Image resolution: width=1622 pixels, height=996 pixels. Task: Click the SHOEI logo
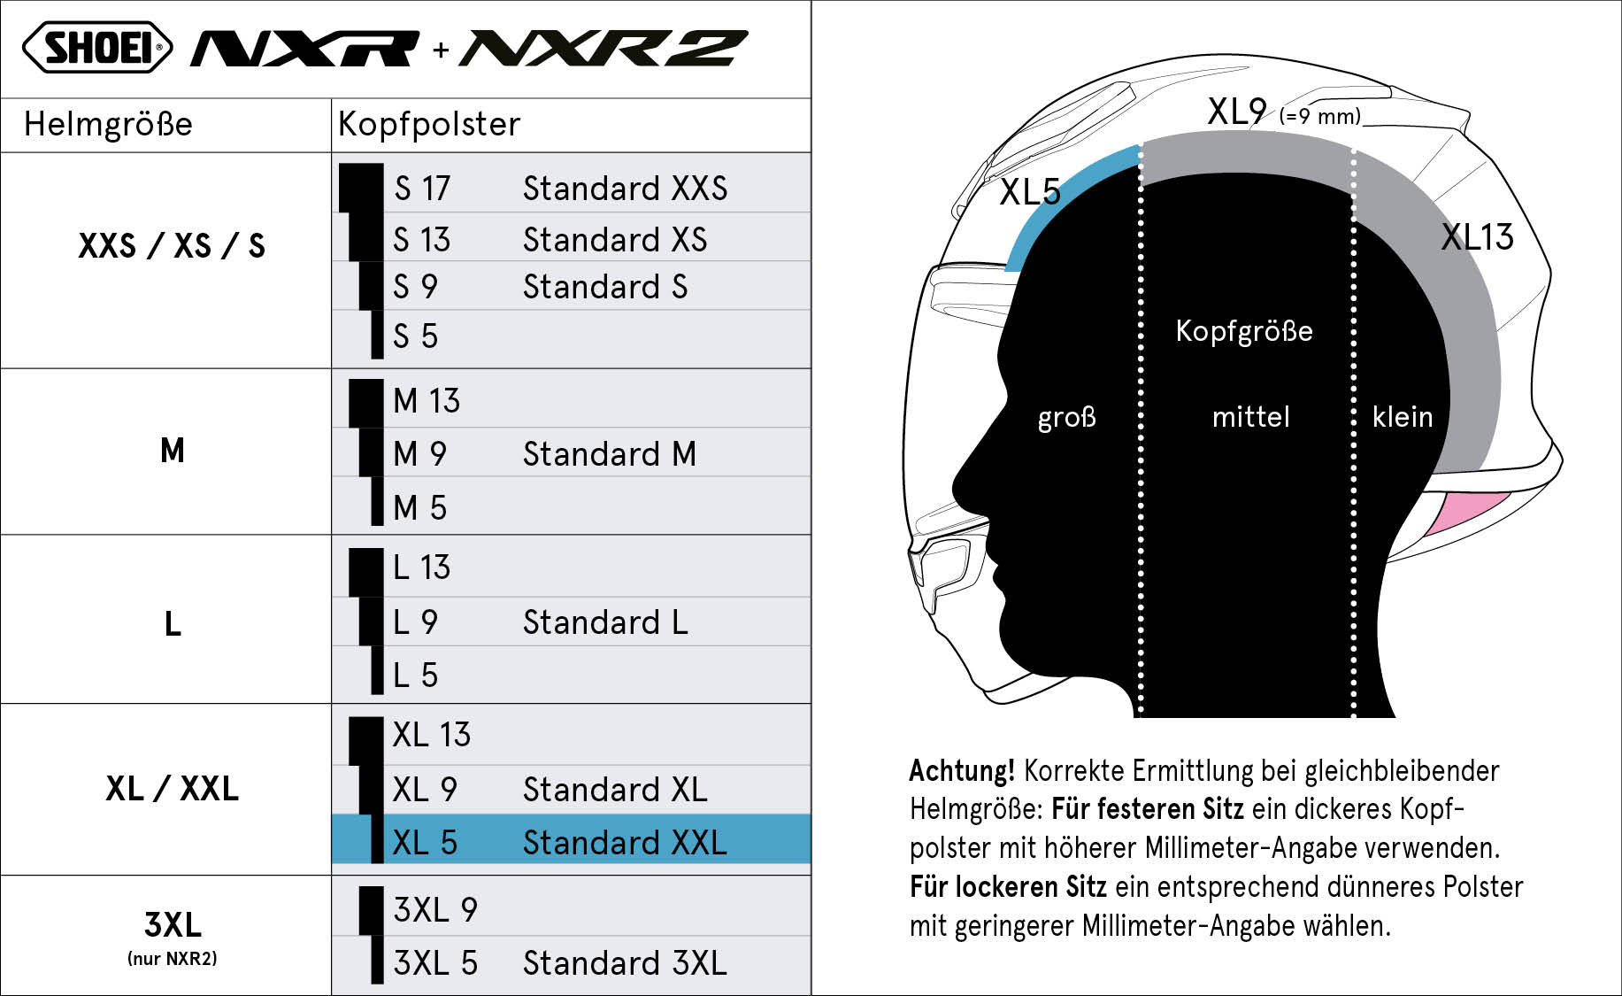97,48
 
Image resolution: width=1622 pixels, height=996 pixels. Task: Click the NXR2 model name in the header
603,49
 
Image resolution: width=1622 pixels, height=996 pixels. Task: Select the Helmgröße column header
108,124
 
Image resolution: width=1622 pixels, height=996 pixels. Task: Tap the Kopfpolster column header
429,124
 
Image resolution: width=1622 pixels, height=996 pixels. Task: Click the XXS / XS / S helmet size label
172,245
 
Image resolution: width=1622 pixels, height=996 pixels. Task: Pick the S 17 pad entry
422,189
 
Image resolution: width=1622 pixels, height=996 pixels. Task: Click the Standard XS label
615,240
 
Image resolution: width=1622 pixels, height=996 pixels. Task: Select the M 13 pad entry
427,401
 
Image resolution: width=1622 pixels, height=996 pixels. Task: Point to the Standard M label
610,454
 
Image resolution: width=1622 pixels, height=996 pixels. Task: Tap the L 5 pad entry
415,676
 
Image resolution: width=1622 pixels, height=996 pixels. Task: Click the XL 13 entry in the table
432,735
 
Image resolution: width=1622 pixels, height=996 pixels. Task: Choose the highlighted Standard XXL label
625,843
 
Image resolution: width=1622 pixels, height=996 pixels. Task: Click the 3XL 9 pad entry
435,910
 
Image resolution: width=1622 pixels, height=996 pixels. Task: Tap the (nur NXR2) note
172,958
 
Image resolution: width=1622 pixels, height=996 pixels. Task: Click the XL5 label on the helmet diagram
1030,192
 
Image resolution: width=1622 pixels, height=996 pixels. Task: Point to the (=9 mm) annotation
1320,116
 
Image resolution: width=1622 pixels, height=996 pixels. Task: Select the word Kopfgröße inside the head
1244,331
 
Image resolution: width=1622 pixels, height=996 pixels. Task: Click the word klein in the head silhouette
1402,416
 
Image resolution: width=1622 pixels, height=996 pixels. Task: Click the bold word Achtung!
962,771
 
